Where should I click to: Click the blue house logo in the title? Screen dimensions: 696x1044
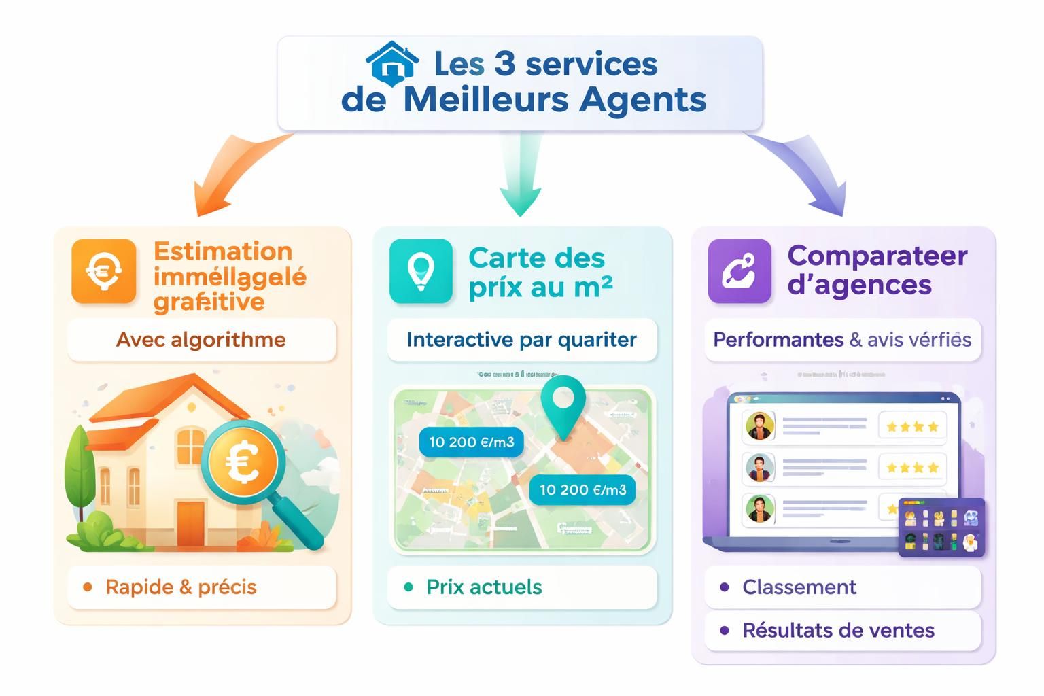[391, 62]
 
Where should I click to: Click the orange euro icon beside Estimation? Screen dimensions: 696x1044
[103, 271]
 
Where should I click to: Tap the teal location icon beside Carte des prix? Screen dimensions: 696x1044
[421, 271]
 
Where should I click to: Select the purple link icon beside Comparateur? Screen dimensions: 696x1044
[739, 271]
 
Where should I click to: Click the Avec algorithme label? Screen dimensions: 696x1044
[201, 340]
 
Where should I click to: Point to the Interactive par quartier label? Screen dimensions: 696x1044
[521, 340]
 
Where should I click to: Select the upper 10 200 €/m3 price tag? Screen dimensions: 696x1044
[471, 442]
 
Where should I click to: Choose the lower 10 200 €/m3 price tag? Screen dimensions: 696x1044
[582, 489]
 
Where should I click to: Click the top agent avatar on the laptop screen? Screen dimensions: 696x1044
[759, 427]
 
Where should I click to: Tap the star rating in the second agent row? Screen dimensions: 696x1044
[912, 468]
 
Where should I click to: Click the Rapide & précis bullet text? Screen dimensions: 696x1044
[181, 587]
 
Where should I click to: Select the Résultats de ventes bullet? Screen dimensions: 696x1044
[837, 631]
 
